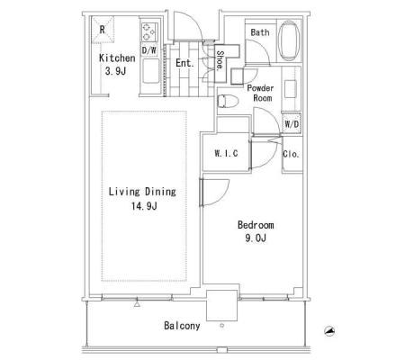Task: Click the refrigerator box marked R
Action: coord(103,30)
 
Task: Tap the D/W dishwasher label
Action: coord(148,50)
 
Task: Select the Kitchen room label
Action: coord(117,58)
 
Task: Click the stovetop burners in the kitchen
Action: coord(149,31)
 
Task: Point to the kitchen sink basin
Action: coord(150,71)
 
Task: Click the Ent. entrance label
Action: coord(184,63)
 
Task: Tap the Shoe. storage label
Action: coord(220,60)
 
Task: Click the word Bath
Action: coord(260,32)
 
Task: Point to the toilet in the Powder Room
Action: coord(227,101)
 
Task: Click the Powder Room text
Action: coord(260,93)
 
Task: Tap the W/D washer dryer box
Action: coord(292,123)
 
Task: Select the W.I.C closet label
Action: coord(226,153)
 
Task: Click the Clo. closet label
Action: coord(291,154)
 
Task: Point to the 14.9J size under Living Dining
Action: coord(144,206)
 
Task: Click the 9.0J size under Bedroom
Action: coord(256,238)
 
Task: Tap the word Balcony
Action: coord(182,326)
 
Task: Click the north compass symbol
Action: coord(329,331)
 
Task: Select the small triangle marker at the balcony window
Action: coord(137,304)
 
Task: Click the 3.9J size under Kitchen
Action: coord(115,71)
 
